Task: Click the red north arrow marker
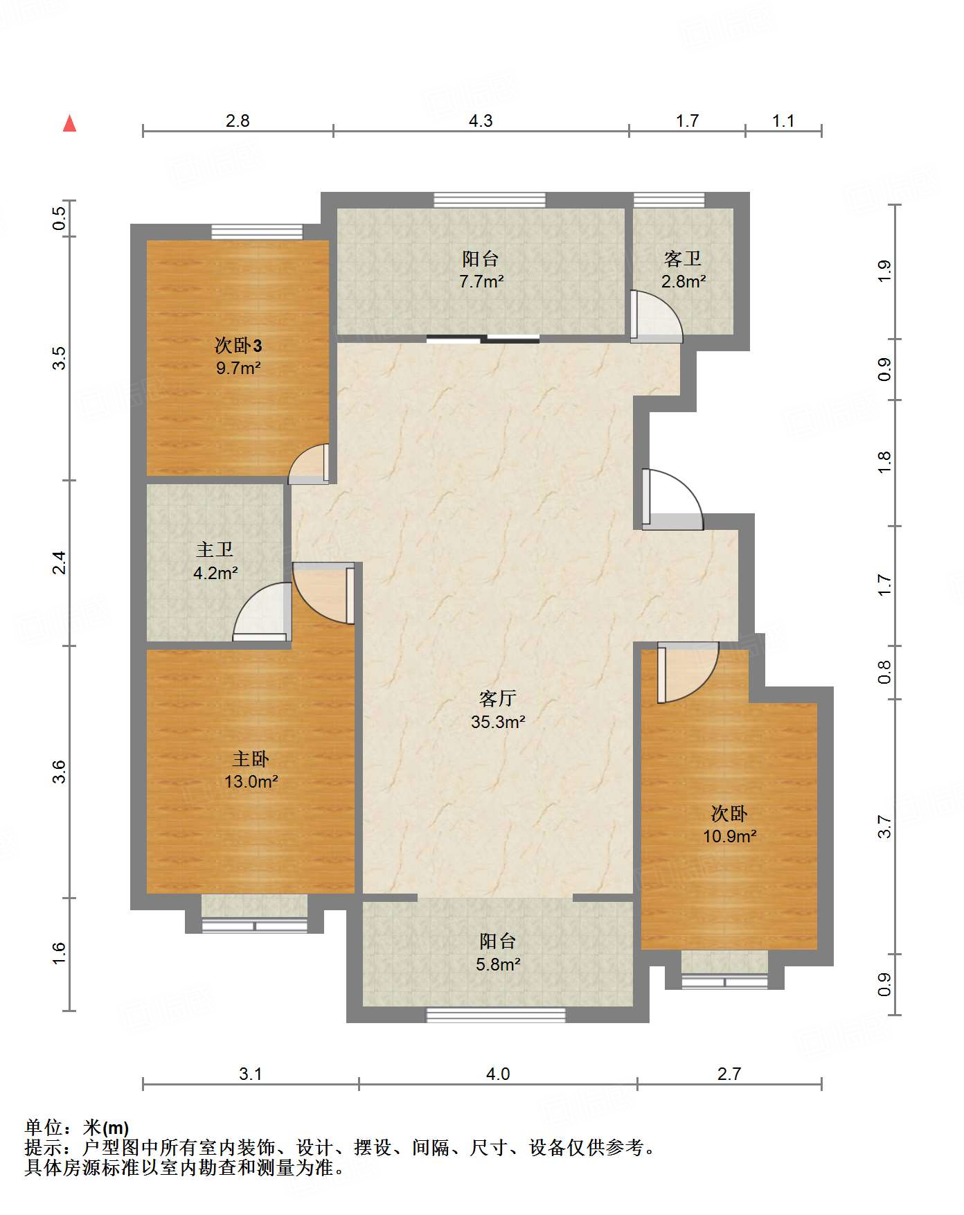pos(69,123)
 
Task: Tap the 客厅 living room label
pos(497,698)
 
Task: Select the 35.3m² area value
pos(498,722)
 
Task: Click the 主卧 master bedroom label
pos(251,759)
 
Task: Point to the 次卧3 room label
pos(238,344)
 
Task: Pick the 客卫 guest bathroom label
pos(683,258)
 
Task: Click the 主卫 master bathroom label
pos(215,550)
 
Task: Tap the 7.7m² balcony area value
pos(481,282)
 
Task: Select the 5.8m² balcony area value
pos(498,964)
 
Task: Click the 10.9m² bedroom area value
pos(730,837)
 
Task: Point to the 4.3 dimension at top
pos(481,121)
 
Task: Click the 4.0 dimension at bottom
pos(498,1074)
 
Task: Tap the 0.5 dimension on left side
pos(60,219)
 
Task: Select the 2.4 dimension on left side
pos(60,562)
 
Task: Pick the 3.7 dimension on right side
pos(884,826)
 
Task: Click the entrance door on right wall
pos(672,499)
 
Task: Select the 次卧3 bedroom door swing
pos(308,463)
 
